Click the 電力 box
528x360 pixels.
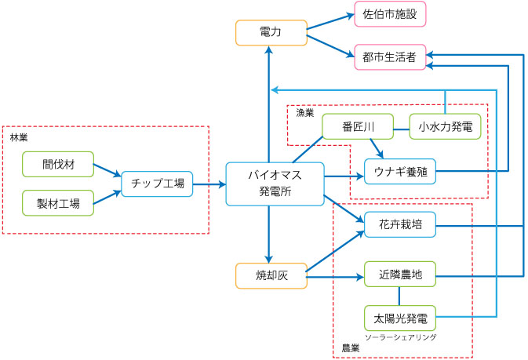(x=269, y=32)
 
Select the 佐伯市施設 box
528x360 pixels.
(x=390, y=14)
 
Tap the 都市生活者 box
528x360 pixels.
(x=390, y=56)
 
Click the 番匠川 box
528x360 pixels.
(x=357, y=126)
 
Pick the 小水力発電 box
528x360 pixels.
(x=445, y=126)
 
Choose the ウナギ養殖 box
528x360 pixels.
(x=399, y=171)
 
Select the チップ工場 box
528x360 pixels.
(x=157, y=184)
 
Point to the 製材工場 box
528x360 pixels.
(x=58, y=202)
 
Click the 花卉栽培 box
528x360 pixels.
(x=399, y=226)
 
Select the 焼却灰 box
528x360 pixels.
(x=269, y=276)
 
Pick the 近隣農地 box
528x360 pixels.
(x=399, y=276)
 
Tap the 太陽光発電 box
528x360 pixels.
(x=399, y=318)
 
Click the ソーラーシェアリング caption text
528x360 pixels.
(x=400, y=336)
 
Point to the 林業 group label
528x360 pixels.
(x=18, y=138)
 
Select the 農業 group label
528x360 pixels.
(x=350, y=347)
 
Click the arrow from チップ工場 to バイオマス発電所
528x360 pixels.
(x=209, y=184)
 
